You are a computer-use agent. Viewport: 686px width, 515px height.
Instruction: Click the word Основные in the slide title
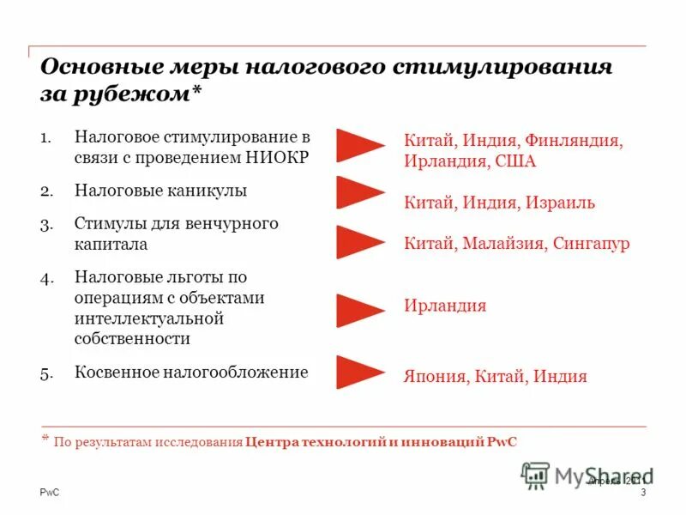[95, 68]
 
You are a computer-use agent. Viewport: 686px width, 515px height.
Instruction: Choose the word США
[516, 161]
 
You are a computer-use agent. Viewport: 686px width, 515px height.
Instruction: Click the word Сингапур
[591, 243]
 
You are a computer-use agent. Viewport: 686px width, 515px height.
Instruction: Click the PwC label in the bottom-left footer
[51, 491]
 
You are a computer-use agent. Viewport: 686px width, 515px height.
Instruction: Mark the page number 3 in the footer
[642, 491]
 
